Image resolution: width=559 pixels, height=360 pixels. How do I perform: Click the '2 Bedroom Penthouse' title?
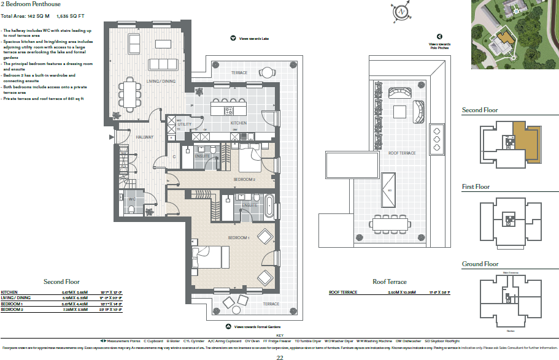(31, 4)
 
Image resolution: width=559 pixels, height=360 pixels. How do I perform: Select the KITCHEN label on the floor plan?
(238, 123)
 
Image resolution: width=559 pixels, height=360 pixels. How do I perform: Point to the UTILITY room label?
(185, 124)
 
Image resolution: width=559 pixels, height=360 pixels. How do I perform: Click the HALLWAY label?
(145, 137)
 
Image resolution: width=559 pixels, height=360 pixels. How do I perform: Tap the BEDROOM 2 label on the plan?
(244, 179)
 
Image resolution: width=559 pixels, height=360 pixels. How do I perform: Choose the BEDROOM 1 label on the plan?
(238, 237)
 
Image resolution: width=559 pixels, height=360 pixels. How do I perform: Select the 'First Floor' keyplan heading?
(476, 186)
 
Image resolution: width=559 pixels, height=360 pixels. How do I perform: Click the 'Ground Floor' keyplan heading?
(480, 264)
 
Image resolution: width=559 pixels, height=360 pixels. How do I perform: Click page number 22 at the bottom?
(279, 355)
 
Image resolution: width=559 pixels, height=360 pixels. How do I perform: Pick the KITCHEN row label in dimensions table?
(9, 293)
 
